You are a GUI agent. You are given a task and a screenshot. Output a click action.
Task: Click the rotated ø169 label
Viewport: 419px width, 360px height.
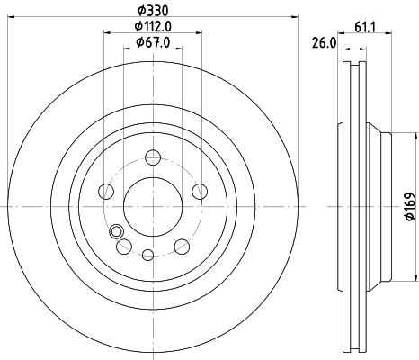point(408,206)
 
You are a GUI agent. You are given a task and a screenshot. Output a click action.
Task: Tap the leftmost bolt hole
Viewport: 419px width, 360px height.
point(105,192)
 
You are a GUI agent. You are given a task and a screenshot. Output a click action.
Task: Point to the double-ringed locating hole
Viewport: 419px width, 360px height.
point(114,233)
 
